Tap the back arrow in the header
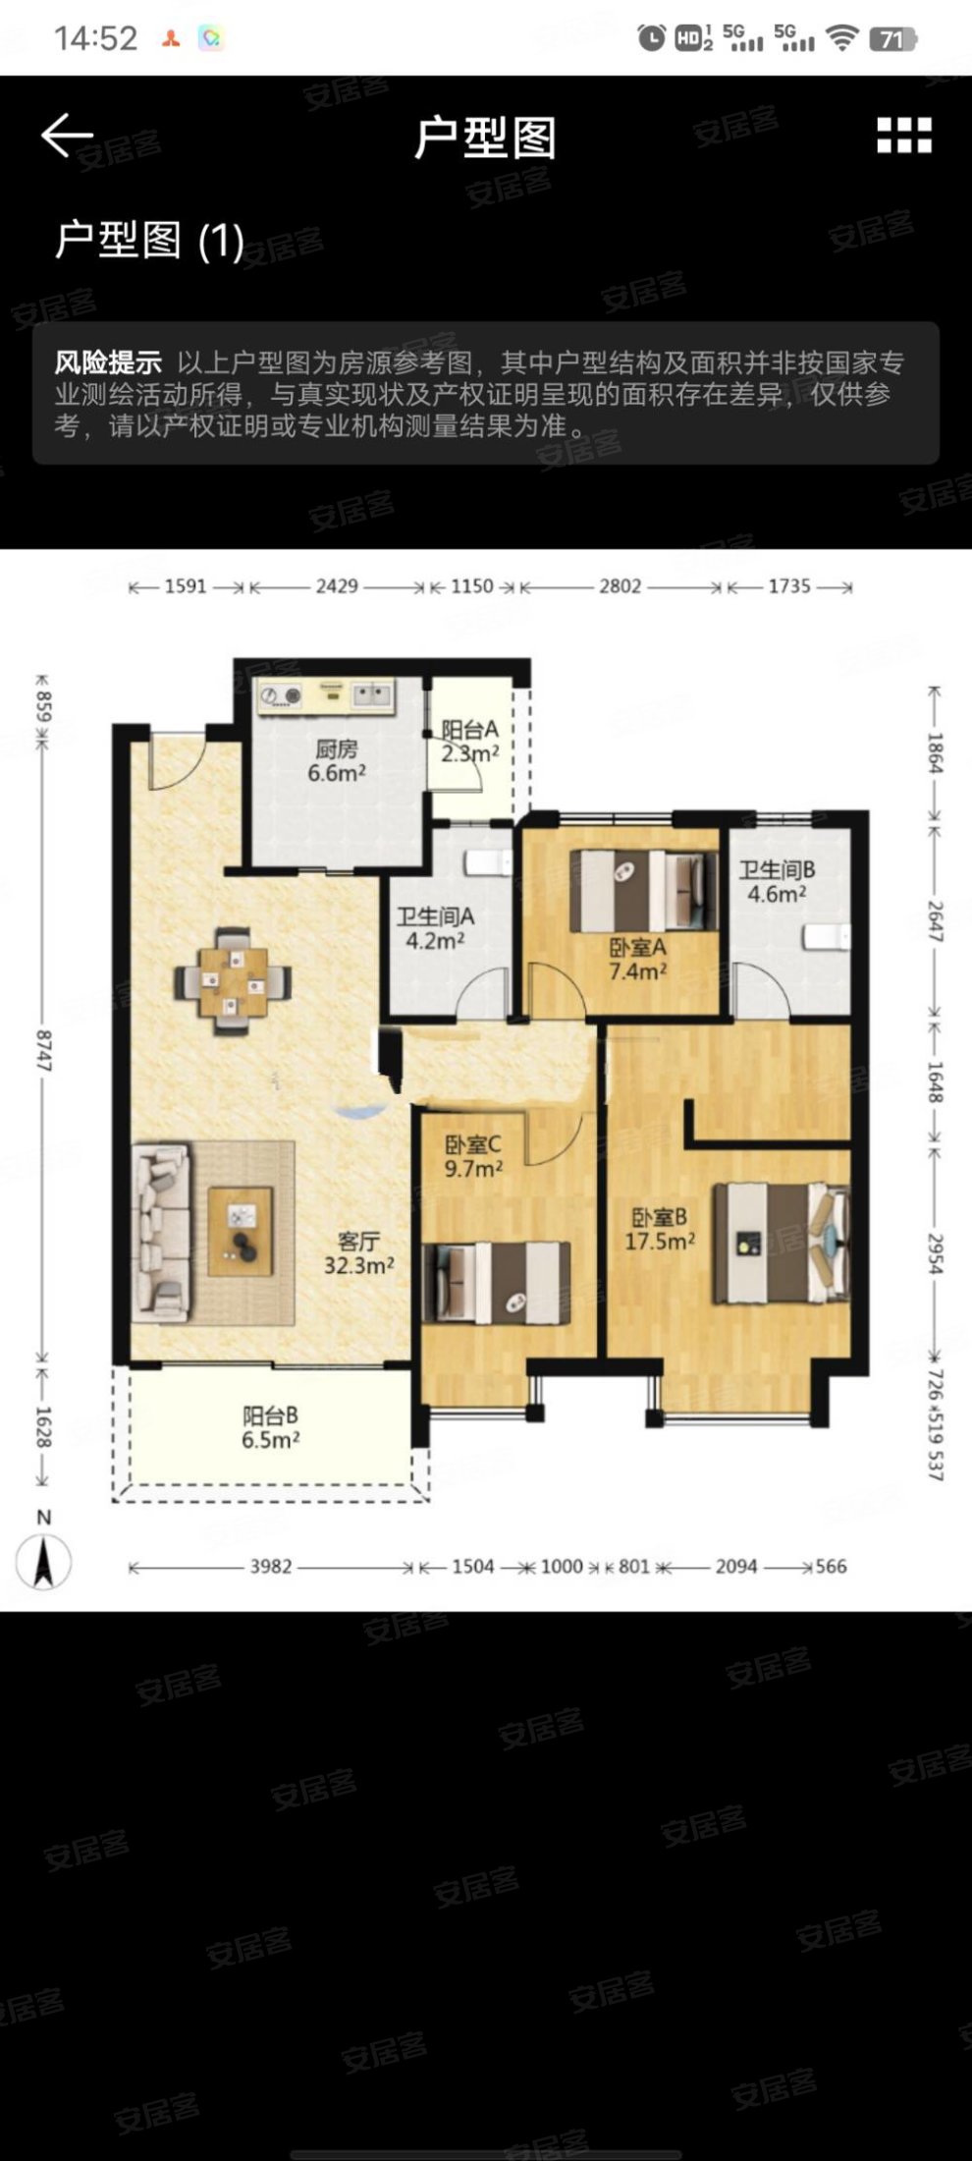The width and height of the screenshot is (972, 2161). tap(67, 136)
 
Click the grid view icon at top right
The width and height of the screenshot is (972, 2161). tap(903, 136)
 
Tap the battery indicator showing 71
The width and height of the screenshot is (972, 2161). tap(893, 39)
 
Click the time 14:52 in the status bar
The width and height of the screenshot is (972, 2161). tap(95, 39)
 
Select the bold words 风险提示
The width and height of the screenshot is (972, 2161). tap(108, 362)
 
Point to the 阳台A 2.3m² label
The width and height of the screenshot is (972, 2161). tap(469, 742)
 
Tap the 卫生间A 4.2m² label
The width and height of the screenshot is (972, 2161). tap(435, 928)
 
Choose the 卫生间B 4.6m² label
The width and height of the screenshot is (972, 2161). tap(777, 881)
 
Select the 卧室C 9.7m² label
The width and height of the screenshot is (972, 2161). tap(473, 1156)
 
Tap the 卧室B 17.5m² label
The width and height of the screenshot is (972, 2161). tap(660, 1229)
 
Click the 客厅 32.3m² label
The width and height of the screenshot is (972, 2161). tap(359, 1252)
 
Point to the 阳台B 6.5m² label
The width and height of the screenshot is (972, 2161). tap(270, 1427)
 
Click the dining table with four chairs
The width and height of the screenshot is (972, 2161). tap(233, 980)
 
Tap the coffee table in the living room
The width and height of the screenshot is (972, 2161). tap(241, 1231)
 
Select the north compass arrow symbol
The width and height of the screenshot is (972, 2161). tap(43, 1561)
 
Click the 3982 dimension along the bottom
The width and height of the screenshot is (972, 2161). tap(271, 1566)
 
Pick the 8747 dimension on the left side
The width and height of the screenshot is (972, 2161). tap(42, 1050)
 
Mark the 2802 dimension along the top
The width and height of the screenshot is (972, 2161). tap(621, 586)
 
